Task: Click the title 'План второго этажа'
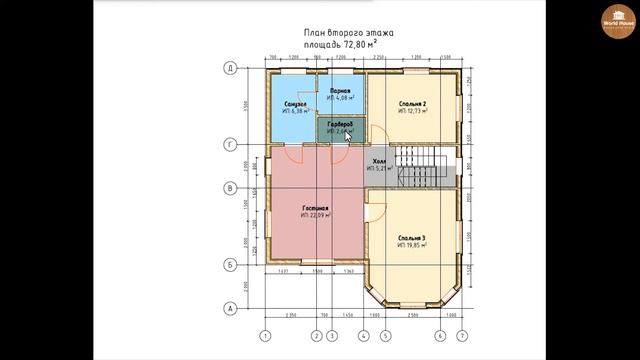coord(349,32)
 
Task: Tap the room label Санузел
coord(296,105)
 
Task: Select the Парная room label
coord(340,91)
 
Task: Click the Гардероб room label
coord(338,126)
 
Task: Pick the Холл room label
coord(378,161)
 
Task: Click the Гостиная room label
coord(315,209)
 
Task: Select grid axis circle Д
coord(230,67)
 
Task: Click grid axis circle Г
coord(230,144)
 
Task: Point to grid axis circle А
coord(230,308)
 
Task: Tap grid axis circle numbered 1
coord(266,335)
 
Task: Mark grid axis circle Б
coord(230,265)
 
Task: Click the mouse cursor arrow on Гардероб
coord(348,135)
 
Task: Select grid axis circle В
coord(230,187)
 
